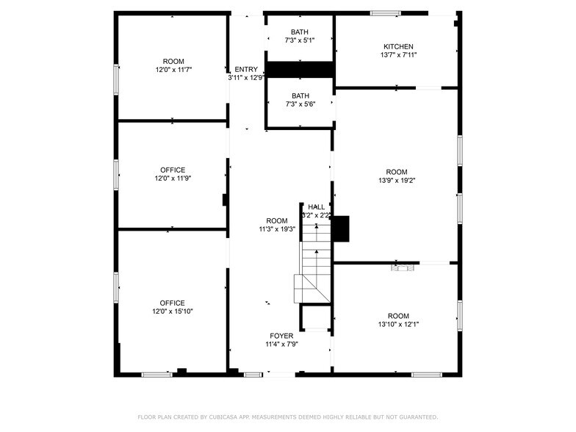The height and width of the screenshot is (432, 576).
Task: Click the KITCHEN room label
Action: coord(398,46)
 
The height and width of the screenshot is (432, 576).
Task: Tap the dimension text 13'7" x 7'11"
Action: coord(398,55)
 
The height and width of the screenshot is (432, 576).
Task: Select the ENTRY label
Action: coord(246,69)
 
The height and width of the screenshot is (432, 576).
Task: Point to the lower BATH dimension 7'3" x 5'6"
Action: coord(300,104)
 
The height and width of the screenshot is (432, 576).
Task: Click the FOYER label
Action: coord(281,336)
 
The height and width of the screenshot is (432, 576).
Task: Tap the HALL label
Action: coord(316,207)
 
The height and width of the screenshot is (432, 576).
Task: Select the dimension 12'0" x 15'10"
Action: coord(173,312)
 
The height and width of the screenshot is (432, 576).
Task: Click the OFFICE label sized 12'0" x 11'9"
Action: coord(173,170)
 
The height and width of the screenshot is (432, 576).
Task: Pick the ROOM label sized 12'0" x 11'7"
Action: coord(173,61)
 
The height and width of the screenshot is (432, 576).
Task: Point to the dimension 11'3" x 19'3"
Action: coord(277,229)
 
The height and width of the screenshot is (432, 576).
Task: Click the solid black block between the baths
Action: coord(300,70)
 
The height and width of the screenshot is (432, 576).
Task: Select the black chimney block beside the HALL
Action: coord(340,228)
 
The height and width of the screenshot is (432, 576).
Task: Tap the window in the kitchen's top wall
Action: coord(385,12)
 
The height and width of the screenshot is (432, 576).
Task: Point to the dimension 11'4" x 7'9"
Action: coord(281,345)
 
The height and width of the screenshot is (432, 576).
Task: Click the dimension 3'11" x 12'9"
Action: coord(246,77)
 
